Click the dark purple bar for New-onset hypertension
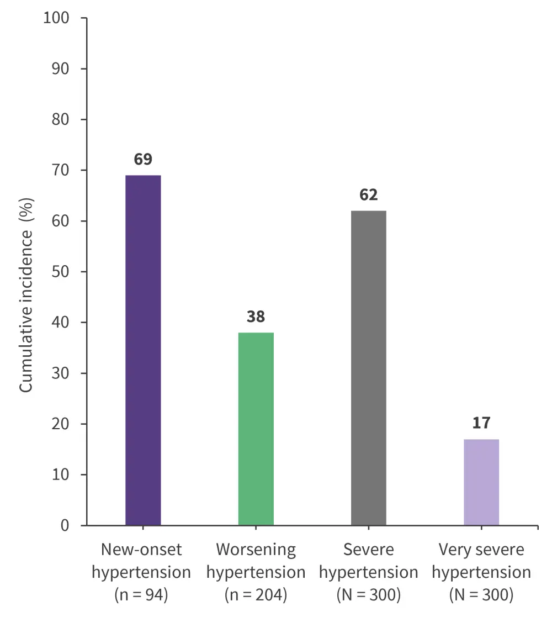tap(143, 350)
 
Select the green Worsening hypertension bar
tap(256, 429)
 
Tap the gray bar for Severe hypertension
tap(368, 368)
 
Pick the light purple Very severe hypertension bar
tap(481, 482)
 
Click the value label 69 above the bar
tap(143, 160)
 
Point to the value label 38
tap(256, 317)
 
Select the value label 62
tap(368, 195)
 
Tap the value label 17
tap(481, 424)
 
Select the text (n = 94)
tap(141, 595)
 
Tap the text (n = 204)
tap(256, 595)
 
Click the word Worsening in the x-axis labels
tap(256, 550)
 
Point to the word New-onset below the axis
tap(141, 550)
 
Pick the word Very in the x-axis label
tap(453, 550)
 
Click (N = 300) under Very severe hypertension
tap(481, 595)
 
